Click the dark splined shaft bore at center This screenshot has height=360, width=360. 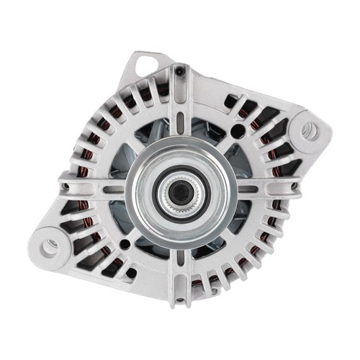[x=177, y=190]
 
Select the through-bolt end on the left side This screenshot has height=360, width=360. [x=66, y=189]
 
